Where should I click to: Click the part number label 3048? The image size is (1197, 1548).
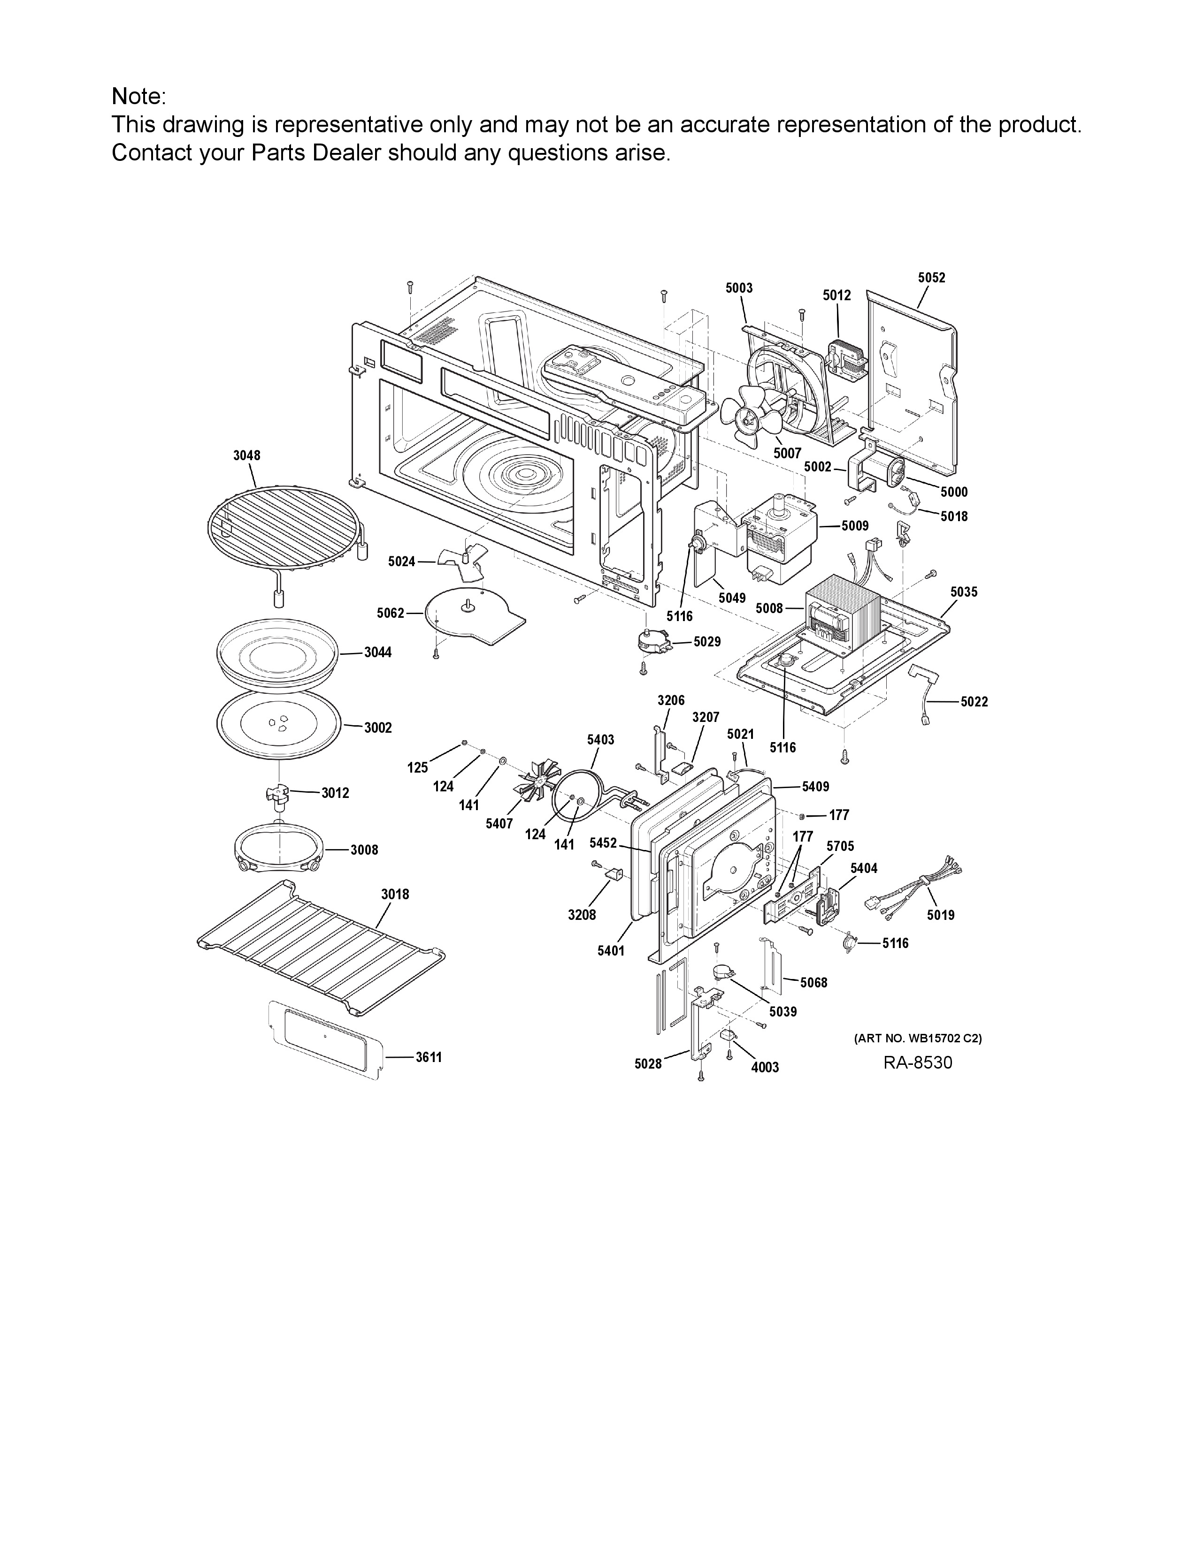point(247,456)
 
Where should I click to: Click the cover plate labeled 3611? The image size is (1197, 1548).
point(327,1039)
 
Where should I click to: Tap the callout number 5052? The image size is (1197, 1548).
point(932,278)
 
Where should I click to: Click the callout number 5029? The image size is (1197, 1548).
point(707,641)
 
